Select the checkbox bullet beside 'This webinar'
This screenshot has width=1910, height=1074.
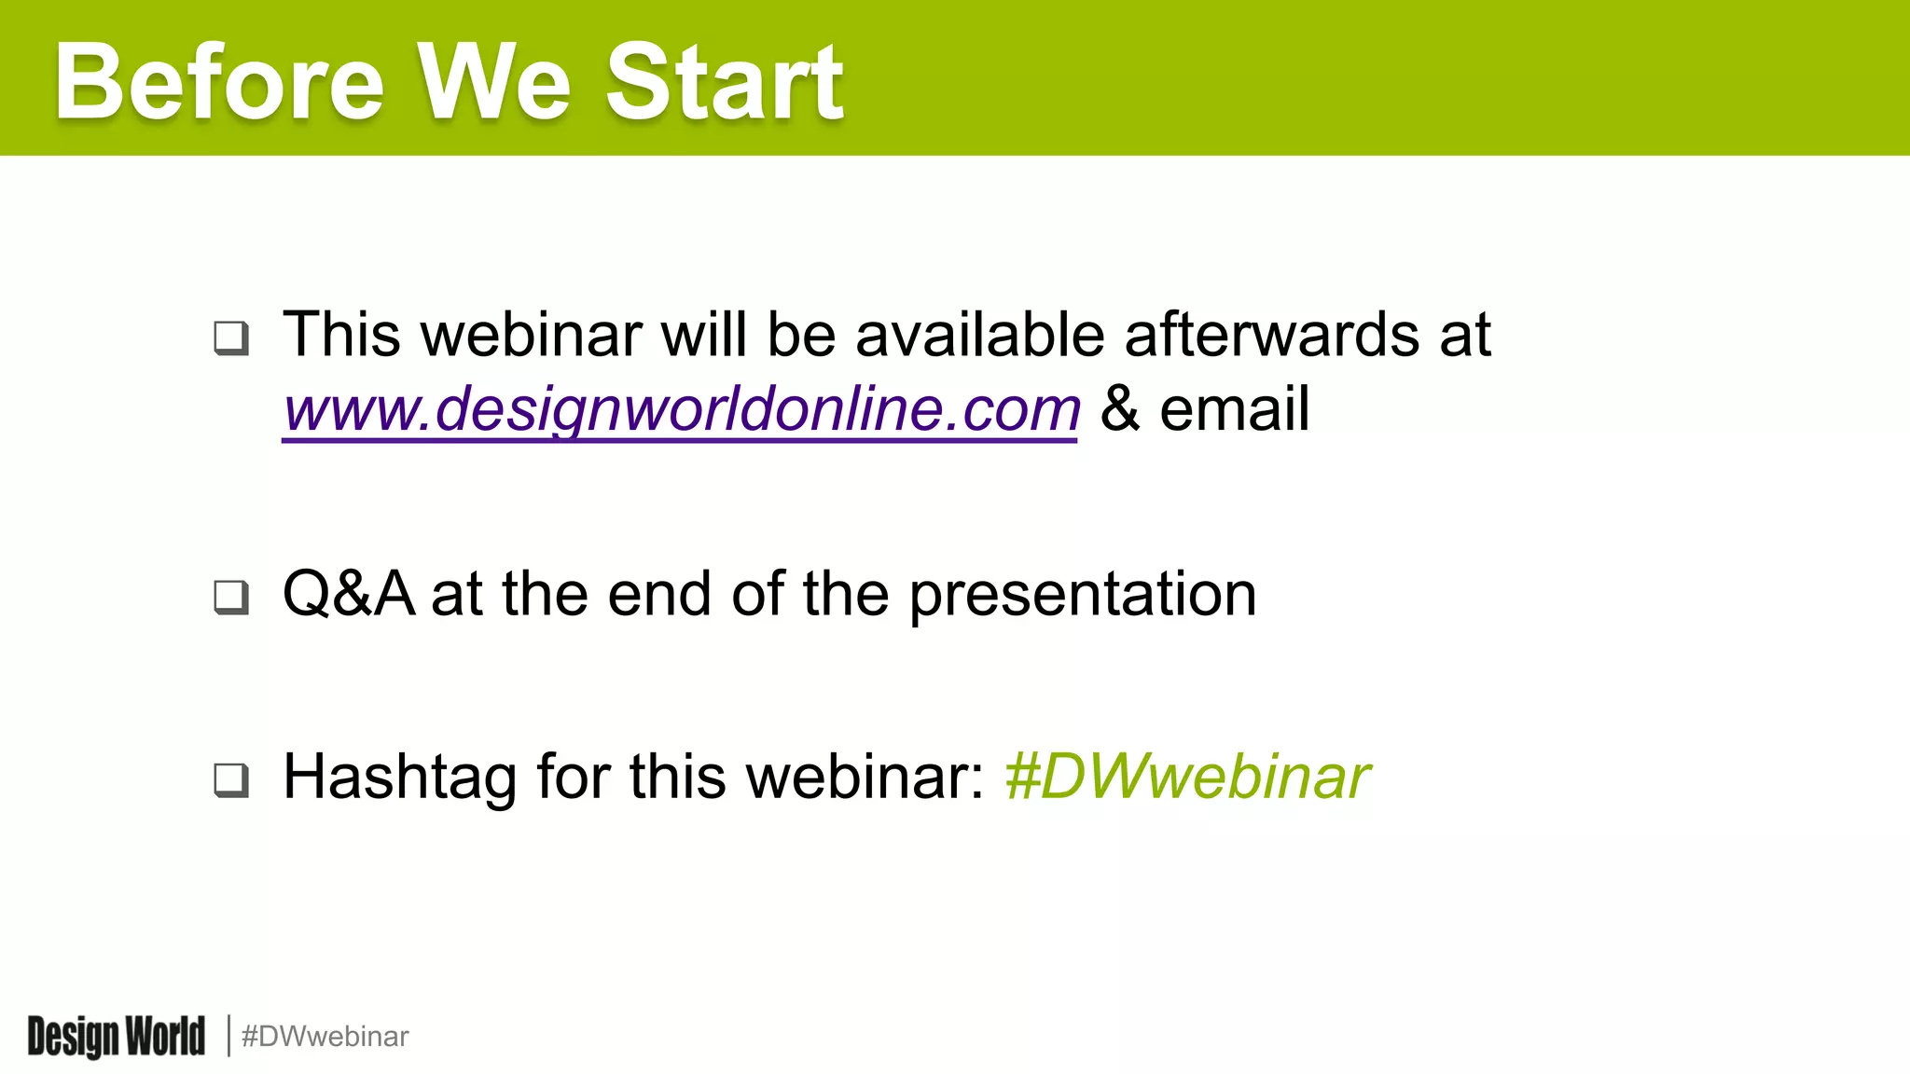(231, 337)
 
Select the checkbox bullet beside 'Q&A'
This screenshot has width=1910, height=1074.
(231, 597)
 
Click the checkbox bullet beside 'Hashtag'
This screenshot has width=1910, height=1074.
(231, 779)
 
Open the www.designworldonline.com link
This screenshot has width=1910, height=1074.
(681, 409)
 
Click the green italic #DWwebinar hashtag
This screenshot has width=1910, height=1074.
(1186, 777)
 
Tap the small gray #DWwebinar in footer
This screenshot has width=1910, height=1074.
(325, 1037)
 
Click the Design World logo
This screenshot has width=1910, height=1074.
(116, 1037)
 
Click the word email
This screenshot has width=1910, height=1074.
(1234, 409)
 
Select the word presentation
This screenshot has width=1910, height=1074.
(1082, 595)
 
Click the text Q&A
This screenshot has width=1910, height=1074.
(348, 594)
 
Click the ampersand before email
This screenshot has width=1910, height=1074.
(1119, 409)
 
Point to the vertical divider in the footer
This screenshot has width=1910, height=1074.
(228, 1037)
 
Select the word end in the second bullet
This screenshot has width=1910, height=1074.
(659, 595)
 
